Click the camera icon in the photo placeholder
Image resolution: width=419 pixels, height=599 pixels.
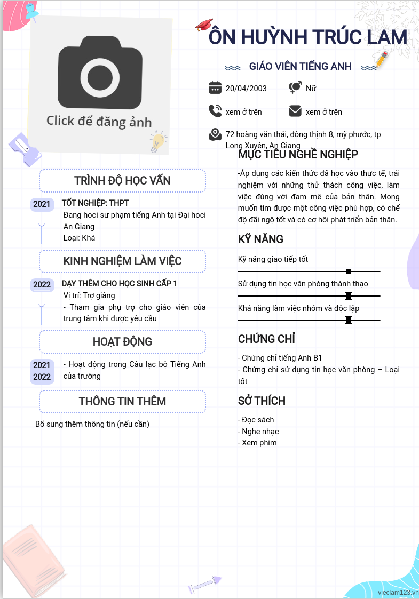coord(100,73)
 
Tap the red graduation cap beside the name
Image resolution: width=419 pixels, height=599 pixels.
coord(204,25)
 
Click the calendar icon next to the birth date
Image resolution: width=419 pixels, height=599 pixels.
coord(215,88)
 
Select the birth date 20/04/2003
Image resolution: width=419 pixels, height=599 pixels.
coord(246,88)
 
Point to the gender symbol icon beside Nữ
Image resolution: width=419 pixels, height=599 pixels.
coord(295,87)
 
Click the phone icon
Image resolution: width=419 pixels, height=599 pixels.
coord(215,111)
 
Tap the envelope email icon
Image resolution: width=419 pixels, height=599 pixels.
coord(295,111)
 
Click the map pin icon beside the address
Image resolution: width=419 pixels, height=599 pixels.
coord(215,134)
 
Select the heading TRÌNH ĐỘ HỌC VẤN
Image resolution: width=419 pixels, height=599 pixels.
coord(122,180)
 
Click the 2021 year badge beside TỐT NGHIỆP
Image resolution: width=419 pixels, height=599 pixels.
coord(42,204)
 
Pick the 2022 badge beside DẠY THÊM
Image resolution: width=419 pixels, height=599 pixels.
coord(42,285)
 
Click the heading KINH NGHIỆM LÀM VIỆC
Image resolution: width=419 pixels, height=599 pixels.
coord(122,261)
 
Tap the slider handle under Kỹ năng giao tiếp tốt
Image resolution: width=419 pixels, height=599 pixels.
coord(348,271)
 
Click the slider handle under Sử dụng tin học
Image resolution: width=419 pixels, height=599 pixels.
coord(348,295)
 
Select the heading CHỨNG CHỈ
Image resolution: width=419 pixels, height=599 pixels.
coord(266,339)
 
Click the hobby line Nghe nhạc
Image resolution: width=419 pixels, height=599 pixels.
coord(258,432)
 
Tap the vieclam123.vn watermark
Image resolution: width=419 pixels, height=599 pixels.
coord(398,593)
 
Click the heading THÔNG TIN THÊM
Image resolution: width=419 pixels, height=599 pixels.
coord(122,401)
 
